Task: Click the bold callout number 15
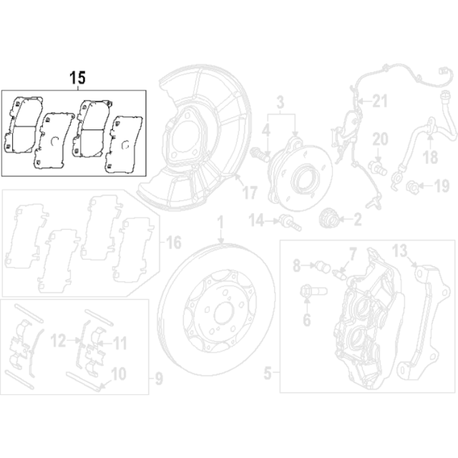(x=78, y=78)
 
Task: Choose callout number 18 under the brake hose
(x=430, y=158)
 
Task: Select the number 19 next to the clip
(x=441, y=184)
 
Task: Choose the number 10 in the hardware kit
(x=118, y=372)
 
